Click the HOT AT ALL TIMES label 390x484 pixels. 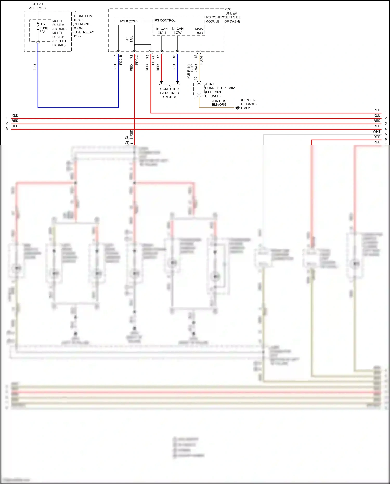point(37,6)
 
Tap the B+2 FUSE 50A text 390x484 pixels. point(44,28)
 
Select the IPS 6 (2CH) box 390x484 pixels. point(129,21)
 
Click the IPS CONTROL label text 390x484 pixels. point(165,20)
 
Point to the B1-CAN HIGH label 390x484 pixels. point(161,31)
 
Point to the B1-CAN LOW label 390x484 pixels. point(178,31)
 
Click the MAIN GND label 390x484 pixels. point(199,31)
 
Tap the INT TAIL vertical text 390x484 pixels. point(129,39)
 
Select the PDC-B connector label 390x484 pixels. point(121,60)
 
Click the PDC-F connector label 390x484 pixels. point(201,60)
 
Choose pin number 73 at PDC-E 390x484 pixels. point(147,56)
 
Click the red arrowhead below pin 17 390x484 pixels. point(161,82)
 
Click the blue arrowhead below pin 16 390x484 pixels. point(178,82)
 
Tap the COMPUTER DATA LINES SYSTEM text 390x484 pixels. point(170,93)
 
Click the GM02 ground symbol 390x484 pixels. point(237,108)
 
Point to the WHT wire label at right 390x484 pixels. point(376,132)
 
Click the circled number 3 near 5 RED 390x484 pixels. point(127,138)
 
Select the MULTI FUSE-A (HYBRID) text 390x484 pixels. point(59,25)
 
